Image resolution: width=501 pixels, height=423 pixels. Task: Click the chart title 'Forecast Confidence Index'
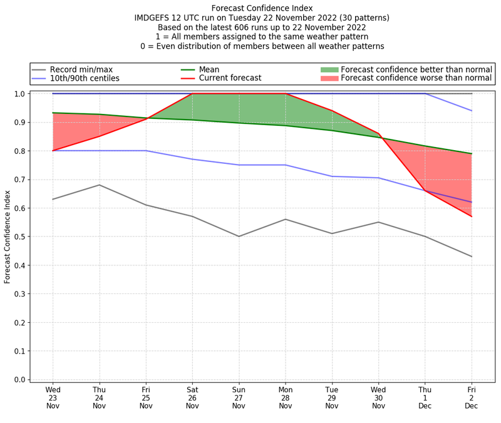(x=262, y=8)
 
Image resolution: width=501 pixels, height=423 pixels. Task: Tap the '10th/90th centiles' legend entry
(x=85, y=78)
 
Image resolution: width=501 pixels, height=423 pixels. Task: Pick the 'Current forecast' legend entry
(x=230, y=78)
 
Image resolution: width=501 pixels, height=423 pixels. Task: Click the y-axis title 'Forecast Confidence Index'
(x=8, y=237)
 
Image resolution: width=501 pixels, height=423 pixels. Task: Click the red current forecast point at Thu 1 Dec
(x=425, y=190)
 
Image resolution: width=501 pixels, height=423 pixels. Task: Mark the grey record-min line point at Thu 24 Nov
(x=99, y=185)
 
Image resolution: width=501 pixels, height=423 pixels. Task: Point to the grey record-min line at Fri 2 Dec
(x=471, y=257)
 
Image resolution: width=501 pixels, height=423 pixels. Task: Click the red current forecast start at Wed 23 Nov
(x=53, y=151)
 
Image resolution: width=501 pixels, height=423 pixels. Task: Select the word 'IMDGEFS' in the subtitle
(x=153, y=18)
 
